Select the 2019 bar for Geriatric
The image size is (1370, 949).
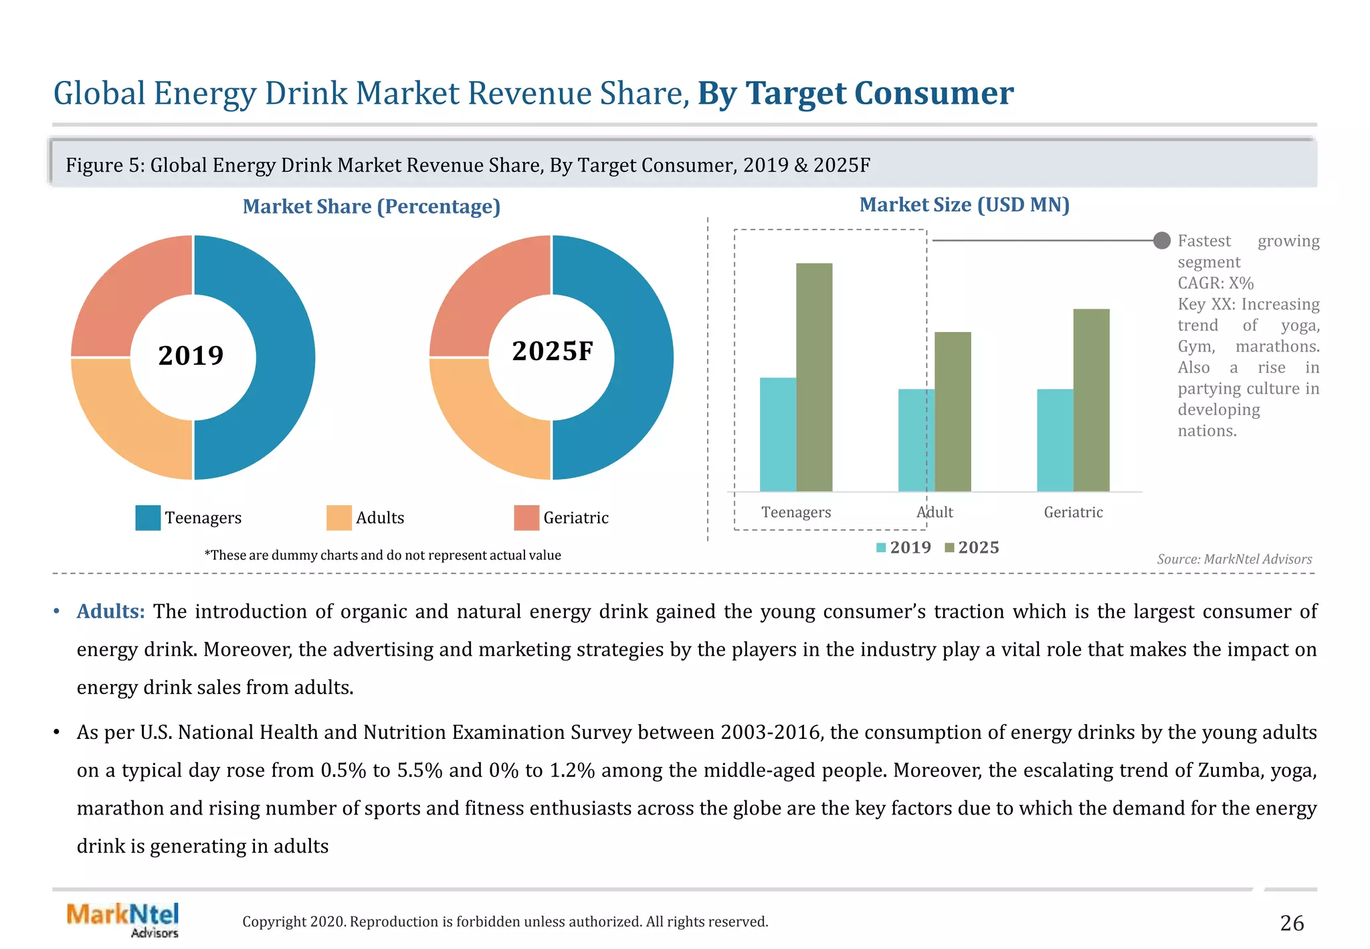click(1054, 440)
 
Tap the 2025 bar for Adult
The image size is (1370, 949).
click(953, 412)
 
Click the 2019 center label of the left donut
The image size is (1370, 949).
click(191, 355)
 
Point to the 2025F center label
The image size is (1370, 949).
click(553, 351)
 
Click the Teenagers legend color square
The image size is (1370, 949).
click(148, 517)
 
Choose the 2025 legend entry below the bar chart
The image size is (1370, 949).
click(972, 547)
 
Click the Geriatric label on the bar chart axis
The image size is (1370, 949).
click(1073, 512)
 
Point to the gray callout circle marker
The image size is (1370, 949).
click(1162, 240)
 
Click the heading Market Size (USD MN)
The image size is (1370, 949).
click(964, 205)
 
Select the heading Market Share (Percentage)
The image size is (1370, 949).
click(371, 206)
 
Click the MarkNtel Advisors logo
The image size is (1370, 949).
click(123, 920)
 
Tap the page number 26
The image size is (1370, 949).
click(1292, 923)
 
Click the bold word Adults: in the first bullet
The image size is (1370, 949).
click(110, 611)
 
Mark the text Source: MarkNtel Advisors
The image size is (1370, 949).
click(1234, 559)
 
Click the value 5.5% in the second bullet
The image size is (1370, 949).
click(419, 770)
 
